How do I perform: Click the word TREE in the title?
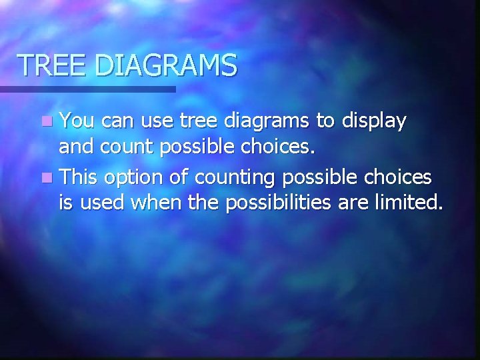pyautogui.click(x=53, y=65)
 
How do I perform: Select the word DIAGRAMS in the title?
pyautogui.click(x=165, y=65)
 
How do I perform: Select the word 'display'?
pyautogui.click(x=373, y=123)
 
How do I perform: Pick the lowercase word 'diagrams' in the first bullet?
pyautogui.click(x=260, y=123)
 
